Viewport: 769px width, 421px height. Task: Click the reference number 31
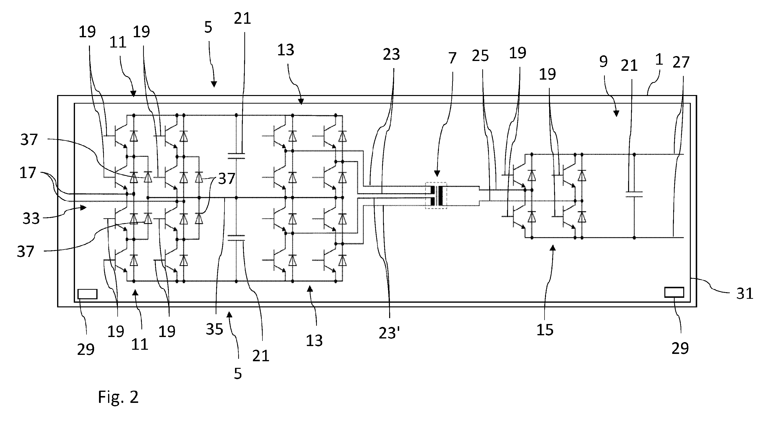point(745,294)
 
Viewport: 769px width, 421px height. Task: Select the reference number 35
point(214,329)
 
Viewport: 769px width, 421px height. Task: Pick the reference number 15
point(545,330)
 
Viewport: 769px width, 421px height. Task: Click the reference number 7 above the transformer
point(452,58)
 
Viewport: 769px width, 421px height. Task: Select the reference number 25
point(480,56)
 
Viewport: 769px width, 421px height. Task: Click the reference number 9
point(603,61)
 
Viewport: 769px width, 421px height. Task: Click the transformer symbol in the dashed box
point(436,195)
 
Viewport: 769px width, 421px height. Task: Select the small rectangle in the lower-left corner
point(87,294)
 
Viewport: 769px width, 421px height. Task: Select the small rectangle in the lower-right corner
point(674,292)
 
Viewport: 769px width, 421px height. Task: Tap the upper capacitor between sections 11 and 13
point(236,156)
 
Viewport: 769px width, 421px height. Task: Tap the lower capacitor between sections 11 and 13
point(236,238)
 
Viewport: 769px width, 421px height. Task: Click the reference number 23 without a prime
point(391,54)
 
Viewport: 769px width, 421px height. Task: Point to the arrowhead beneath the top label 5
point(214,84)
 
